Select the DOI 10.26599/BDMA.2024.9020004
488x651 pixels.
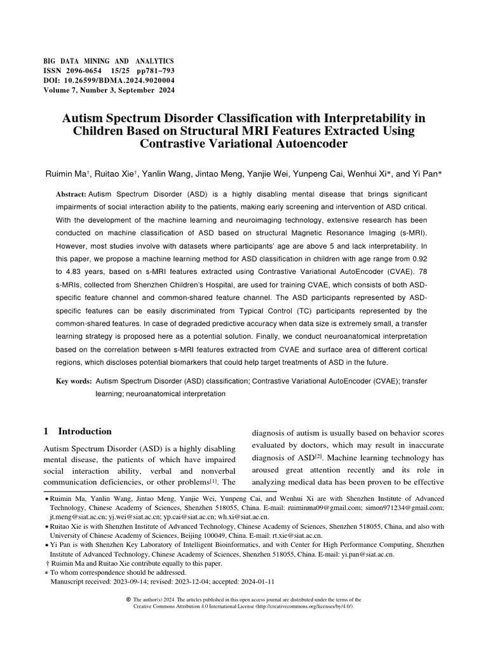click(x=117, y=81)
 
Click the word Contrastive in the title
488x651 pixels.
click(x=183, y=144)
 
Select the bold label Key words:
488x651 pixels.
click(x=73, y=383)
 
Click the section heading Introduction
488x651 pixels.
click(x=85, y=432)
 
